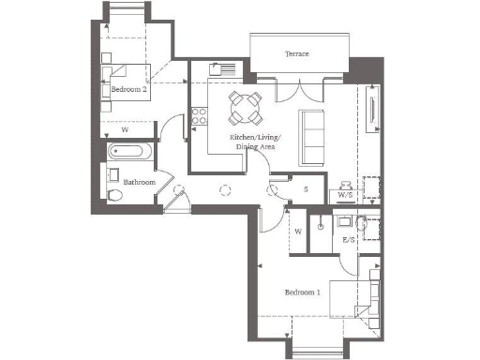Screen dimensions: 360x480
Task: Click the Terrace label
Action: coord(297,54)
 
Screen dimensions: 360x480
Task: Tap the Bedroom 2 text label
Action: coord(128,90)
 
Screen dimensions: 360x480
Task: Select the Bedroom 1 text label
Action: coord(303,292)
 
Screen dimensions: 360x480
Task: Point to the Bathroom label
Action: coord(138,181)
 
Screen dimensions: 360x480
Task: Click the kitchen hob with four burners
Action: coord(199,116)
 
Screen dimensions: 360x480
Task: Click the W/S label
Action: coord(345,195)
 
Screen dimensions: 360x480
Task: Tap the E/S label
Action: coord(349,240)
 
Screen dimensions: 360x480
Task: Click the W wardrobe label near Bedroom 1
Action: coord(297,231)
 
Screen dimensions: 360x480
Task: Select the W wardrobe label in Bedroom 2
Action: coord(125,130)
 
